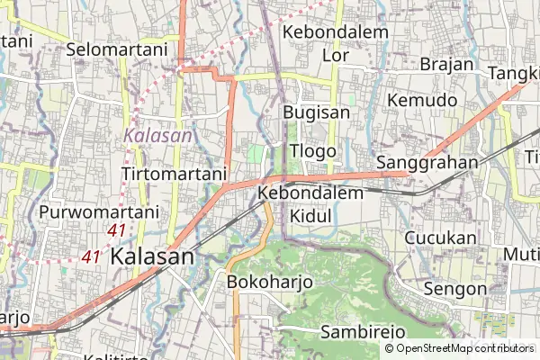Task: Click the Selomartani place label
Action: (117, 49)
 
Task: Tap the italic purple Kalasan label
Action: (158, 136)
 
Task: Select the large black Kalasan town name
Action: (152, 256)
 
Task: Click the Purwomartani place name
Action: (98, 212)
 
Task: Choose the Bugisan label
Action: (316, 112)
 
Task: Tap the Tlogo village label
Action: (313, 150)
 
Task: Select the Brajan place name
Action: (446, 64)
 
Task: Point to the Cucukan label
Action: (440, 238)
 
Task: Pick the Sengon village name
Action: (454, 289)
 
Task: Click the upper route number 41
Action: (116, 231)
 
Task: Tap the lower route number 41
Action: (91, 256)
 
